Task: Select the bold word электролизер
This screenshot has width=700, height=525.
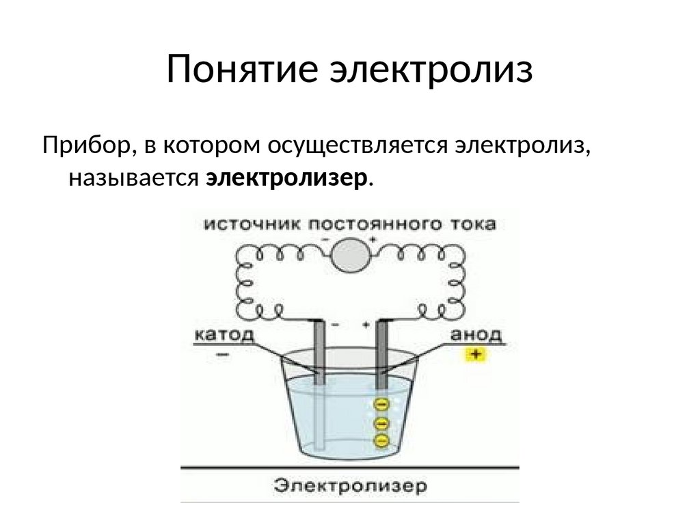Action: (x=287, y=177)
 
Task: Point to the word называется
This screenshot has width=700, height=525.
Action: (x=133, y=177)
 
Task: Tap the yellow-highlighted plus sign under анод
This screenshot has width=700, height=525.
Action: (x=473, y=355)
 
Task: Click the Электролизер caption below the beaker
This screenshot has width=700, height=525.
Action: (x=351, y=487)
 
